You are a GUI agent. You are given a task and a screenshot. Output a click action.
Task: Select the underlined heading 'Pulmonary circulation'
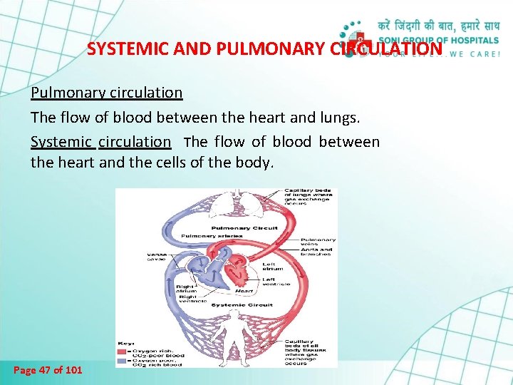[x=106, y=93]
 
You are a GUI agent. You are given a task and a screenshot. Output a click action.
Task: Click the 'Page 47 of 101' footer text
[x=48, y=370]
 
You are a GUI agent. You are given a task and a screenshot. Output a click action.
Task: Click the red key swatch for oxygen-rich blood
[x=123, y=351]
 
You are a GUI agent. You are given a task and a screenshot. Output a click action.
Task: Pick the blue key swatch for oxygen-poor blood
[x=123, y=361]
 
